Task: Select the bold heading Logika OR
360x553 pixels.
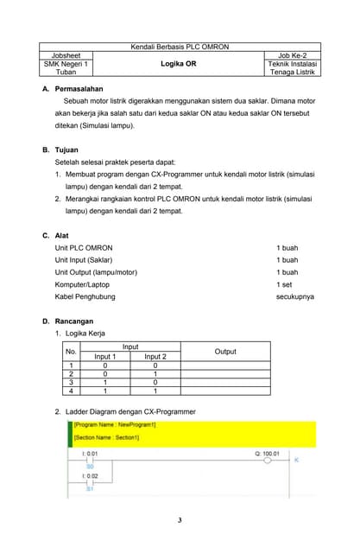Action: pyautogui.click(x=179, y=64)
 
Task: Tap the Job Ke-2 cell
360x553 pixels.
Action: pyautogui.click(x=293, y=54)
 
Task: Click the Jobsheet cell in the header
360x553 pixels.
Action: pyautogui.click(x=66, y=54)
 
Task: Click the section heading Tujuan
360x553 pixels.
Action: pyautogui.click(x=66, y=149)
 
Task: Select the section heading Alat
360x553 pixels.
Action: pyautogui.click(x=61, y=235)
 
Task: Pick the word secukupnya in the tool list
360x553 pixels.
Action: pyautogui.click(x=294, y=296)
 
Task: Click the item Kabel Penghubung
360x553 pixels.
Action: pyautogui.click(x=85, y=296)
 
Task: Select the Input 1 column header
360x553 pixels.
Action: pyautogui.click(x=104, y=356)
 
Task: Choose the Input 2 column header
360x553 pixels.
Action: pyautogui.click(x=155, y=356)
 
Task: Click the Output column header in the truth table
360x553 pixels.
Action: pyautogui.click(x=225, y=351)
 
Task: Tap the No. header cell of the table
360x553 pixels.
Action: pyautogui.click(x=71, y=351)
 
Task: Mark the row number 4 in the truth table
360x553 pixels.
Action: pyautogui.click(x=71, y=391)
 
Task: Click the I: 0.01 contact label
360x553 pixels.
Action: pyautogui.click(x=90, y=452)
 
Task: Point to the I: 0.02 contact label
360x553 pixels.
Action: pyautogui.click(x=90, y=476)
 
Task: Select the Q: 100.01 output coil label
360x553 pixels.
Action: pyautogui.click(x=267, y=452)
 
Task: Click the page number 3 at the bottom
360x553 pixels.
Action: pyautogui.click(x=180, y=520)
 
